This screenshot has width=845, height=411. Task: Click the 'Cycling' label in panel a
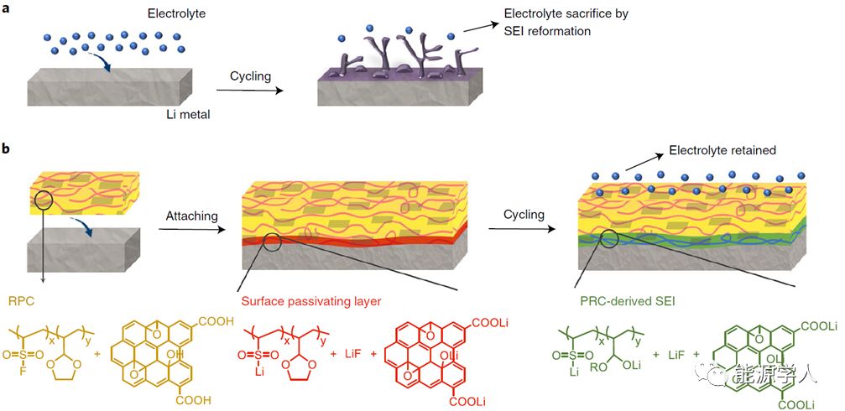(x=250, y=76)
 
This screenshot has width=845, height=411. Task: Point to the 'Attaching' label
(x=191, y=216)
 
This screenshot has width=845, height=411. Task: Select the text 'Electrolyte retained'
(x=722, y=151)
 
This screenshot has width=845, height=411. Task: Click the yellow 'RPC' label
(x=20, y=299)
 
